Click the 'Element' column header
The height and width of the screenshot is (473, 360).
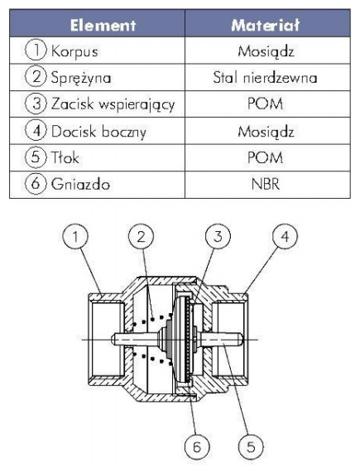pyautogui.click(x=103, y=25)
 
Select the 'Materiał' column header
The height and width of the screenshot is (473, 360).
pyautogui.click(x=266, y=25)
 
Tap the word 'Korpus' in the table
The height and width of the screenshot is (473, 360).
pyautogui.click(x=74, y=51)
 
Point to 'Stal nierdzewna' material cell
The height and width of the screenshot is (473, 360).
pyautogui.click(x=265, y=78)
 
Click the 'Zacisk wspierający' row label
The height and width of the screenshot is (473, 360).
pyautogui.click(x=113, y=104)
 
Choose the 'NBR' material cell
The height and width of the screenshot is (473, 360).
pyautogui.click(x=266, y=185)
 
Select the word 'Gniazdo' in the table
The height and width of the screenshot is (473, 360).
pyautogui.click(x=80, y=184)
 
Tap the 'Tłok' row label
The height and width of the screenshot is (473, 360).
pyautogui.click(x=65, y=157)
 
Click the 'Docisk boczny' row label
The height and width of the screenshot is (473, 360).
pyautogui.click(x=98, y=131)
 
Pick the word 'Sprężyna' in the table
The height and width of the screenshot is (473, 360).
pyautogui.click(x=81, y=78)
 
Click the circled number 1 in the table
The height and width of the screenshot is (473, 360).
pyautogui.click(x=36, y=51)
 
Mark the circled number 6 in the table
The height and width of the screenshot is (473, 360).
pyautogui.click(x=36, y=183)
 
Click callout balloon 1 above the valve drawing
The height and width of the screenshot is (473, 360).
pyautogui.click(x=75, y=236)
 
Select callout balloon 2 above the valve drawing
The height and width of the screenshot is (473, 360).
pyautogui.click(x=141, y=236)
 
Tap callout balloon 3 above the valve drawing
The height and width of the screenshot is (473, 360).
pyautogui.click(x=218, y=236)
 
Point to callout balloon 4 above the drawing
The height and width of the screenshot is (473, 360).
pyautogui.click(x=285, y=236)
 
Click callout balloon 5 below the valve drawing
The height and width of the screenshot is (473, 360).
pyautogui.click(x=251, y=446)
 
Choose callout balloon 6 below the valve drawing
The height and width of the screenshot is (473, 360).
pyautogui.click(x=197, y=446)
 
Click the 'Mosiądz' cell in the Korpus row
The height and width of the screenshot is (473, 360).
pyautogui.click(x=266, y=51)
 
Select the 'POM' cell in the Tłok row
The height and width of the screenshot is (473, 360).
pyautogui.click(x=265, y=157)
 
